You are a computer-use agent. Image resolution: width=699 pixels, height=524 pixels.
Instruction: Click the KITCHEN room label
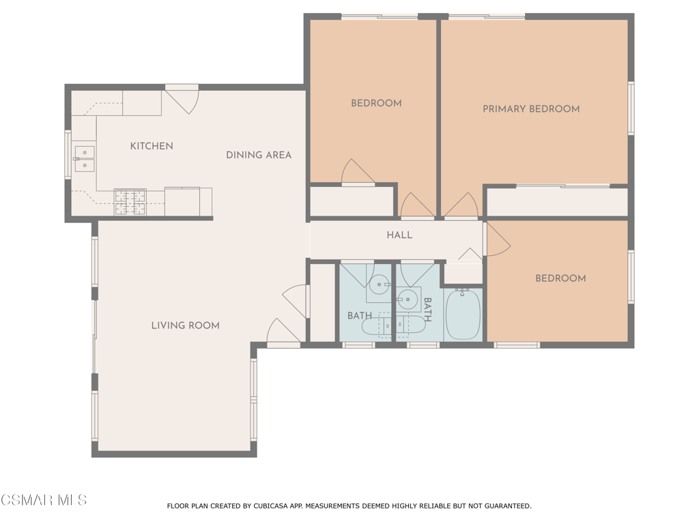point(152,146)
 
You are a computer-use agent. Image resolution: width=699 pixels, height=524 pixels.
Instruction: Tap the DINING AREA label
point(259,155)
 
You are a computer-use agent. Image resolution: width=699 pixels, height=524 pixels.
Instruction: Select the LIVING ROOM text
point(186,325)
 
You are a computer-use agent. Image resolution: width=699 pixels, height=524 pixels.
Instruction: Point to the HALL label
point(399,235)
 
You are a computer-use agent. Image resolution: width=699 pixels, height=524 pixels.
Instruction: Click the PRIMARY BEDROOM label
point(531,109)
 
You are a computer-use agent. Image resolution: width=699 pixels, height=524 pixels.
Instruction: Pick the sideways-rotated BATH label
point(427,310)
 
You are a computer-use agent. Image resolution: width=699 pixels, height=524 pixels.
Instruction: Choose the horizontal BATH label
point(360,316)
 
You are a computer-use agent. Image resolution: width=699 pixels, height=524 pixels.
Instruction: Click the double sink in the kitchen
point(84,159)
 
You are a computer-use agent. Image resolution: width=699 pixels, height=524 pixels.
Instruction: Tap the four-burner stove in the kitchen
point(130,202)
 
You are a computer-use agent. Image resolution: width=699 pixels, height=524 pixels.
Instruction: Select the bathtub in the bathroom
point(463,314)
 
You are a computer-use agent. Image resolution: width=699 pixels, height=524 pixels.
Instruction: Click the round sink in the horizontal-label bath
point(380,284)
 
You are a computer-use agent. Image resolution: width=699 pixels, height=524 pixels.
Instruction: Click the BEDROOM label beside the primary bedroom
point(376,104)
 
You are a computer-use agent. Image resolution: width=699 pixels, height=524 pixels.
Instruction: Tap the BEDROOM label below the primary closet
point(561,278)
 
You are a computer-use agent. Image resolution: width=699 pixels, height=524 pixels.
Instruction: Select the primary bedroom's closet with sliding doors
point(557,202)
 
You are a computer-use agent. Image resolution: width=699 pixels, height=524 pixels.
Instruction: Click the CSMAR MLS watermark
point(44,500)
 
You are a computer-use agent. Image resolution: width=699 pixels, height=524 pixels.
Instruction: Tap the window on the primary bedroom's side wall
point(631,108)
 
